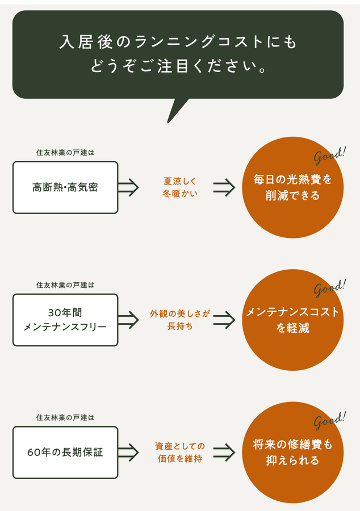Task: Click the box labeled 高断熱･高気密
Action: pos(65,187)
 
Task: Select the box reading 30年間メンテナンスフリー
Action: pos(65,320)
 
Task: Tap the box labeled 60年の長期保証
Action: pos(65,453)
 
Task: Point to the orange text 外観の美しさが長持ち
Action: pos(180,320)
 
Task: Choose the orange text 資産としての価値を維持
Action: pos(180,453)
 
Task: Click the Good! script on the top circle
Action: pos(329,155)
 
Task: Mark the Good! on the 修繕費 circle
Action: pos(329,421)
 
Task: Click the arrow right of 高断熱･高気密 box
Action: pos(128,187)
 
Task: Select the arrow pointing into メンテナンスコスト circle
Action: pos(224,320)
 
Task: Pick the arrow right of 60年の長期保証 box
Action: pos(128,453)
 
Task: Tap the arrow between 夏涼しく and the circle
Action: pos(224,187)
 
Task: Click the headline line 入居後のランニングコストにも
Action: pos(178,42)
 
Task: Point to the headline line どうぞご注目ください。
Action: pos(178,67)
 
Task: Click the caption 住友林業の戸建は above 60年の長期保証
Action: pos(65,417)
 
